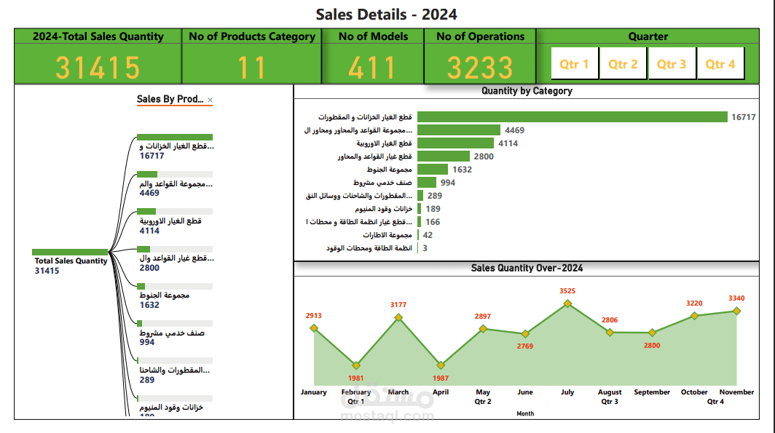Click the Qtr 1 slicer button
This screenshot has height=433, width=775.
(x=575, y=64)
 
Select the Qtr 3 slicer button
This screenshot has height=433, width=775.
(x=672, y=64)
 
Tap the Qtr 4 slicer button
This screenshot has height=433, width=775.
(x=720, y=64)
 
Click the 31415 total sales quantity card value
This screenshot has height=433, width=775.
(x=98, y=68)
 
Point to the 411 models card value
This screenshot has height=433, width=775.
(x=371, y=68)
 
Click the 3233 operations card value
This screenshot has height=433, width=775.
(x=480, y=68)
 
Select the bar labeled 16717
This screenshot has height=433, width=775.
(x=572, y=117)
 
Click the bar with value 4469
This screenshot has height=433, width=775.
(x=458, y=130)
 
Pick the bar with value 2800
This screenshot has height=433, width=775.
(x=443, y=156)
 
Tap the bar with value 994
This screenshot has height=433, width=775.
(x=426, y=183)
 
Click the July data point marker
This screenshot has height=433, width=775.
(x=567, y=303)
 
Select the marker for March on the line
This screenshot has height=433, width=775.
(x=398, y=317)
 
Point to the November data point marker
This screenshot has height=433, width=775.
(x=736, y=311)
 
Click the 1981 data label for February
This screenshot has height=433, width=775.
(x=355, y=378)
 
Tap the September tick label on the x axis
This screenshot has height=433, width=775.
(x=652, y=392)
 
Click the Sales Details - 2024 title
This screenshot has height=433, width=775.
(x=387, y=15)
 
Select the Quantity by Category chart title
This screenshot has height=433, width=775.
(x=527, y=91)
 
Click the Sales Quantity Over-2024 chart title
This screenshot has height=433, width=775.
(x=527, y=268)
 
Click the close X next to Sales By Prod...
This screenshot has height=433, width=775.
(x=211, y=100)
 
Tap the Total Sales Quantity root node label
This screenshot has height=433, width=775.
(x=71, y=261)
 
